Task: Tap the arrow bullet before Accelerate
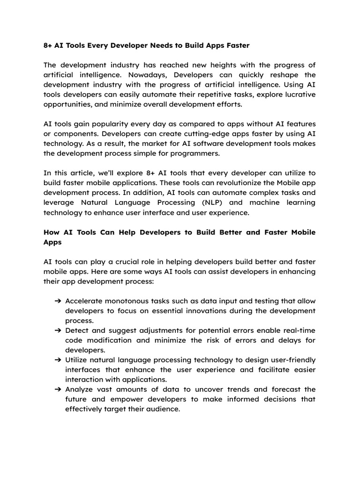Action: (58, 301)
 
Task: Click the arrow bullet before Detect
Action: (58, 330)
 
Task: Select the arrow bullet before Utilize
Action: (58, 360)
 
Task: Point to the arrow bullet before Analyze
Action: (58, 390)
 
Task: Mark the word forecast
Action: (285, 390)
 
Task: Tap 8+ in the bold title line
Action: (48, 45)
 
